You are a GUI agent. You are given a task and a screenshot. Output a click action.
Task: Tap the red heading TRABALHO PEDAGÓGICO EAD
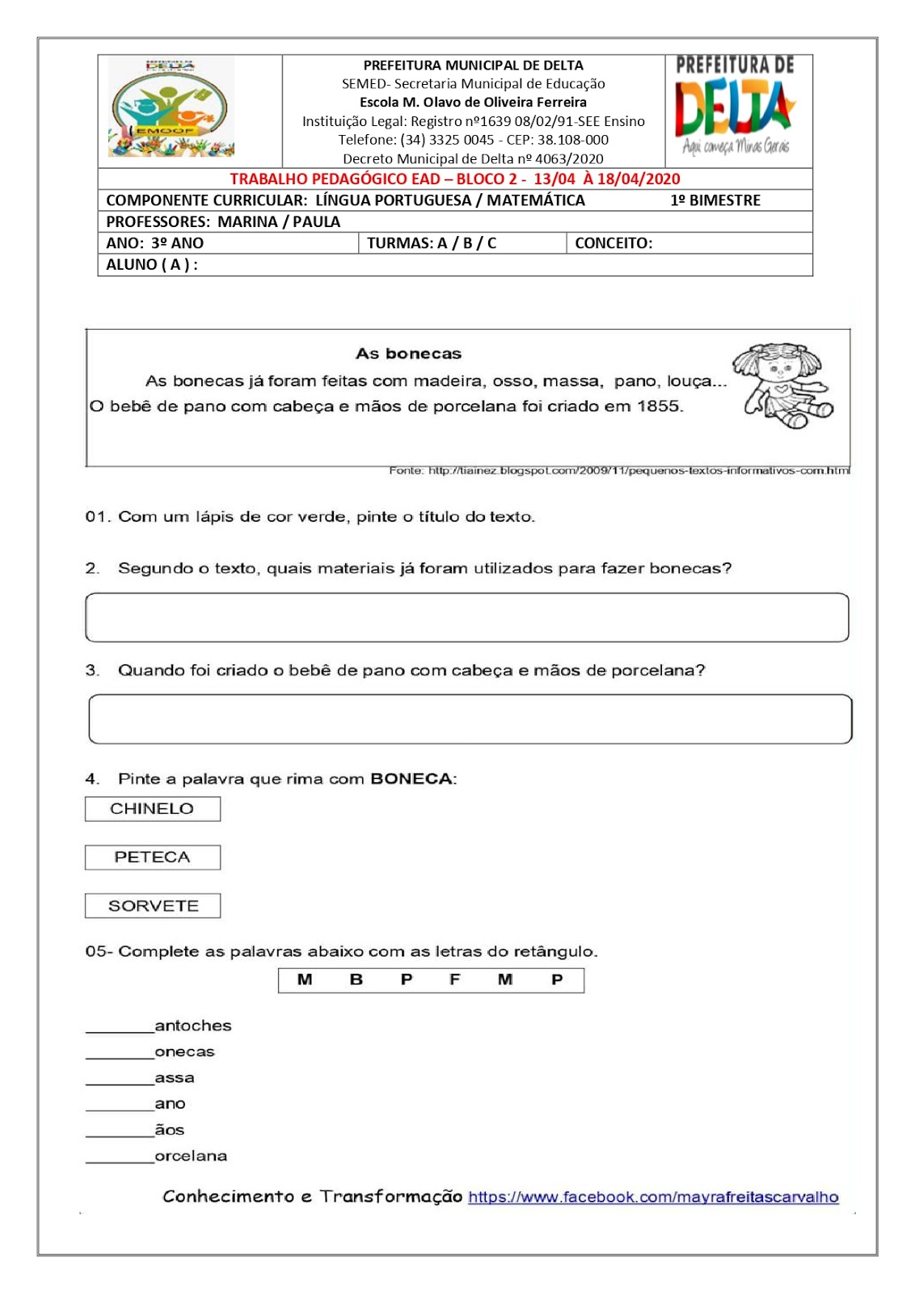(454, 179)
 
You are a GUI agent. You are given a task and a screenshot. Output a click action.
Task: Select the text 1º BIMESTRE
(715, 200)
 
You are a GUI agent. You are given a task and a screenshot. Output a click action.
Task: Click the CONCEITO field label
(613, 243)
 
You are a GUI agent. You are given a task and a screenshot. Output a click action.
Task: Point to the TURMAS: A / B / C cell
(432, 243)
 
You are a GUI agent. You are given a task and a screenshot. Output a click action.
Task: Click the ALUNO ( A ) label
(151, 264)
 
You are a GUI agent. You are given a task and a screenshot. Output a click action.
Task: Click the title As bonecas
(408, 354)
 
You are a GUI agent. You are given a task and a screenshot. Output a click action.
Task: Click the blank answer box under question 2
(466, 618)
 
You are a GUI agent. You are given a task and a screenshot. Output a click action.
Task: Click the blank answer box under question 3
(470, 719)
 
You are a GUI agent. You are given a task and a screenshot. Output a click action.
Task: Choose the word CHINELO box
(152, 809)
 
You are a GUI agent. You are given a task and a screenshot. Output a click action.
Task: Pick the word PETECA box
(152, 857)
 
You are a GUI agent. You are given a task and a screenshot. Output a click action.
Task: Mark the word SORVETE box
(152, 906)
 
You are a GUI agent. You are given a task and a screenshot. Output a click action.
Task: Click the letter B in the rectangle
(356, 980)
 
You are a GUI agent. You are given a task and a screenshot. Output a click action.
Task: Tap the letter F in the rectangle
(454, 980)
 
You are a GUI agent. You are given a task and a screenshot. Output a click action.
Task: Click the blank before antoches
(120, 1026)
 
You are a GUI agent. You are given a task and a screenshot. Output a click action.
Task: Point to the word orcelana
(191, 1156)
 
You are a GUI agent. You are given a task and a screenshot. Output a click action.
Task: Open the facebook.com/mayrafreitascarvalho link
(652, 1198)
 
